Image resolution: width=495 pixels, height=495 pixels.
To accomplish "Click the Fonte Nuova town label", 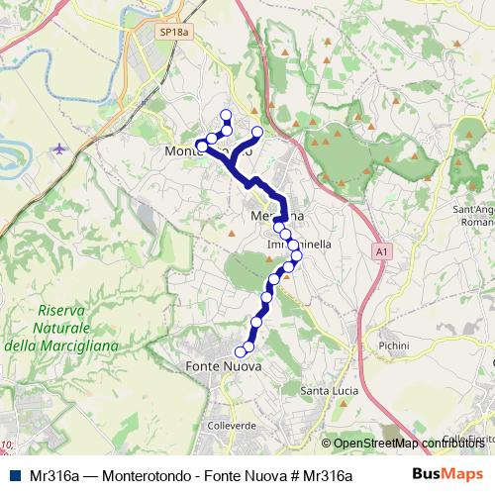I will pyautogui.click(x=223, y=366).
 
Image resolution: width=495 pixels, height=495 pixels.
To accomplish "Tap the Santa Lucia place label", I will pyautogui.click(x=331, y=389).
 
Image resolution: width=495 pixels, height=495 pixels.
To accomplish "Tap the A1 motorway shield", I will pyautogui.click(x=381, y=252).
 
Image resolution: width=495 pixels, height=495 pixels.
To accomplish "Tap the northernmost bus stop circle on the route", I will pyautogui.click(x=227, y=114).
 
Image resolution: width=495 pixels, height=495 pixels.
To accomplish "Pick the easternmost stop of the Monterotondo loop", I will pyautogui.click(x=258, y=132).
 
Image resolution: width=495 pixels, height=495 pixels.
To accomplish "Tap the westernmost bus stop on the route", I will pyautogui.click(x=201, y=146).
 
